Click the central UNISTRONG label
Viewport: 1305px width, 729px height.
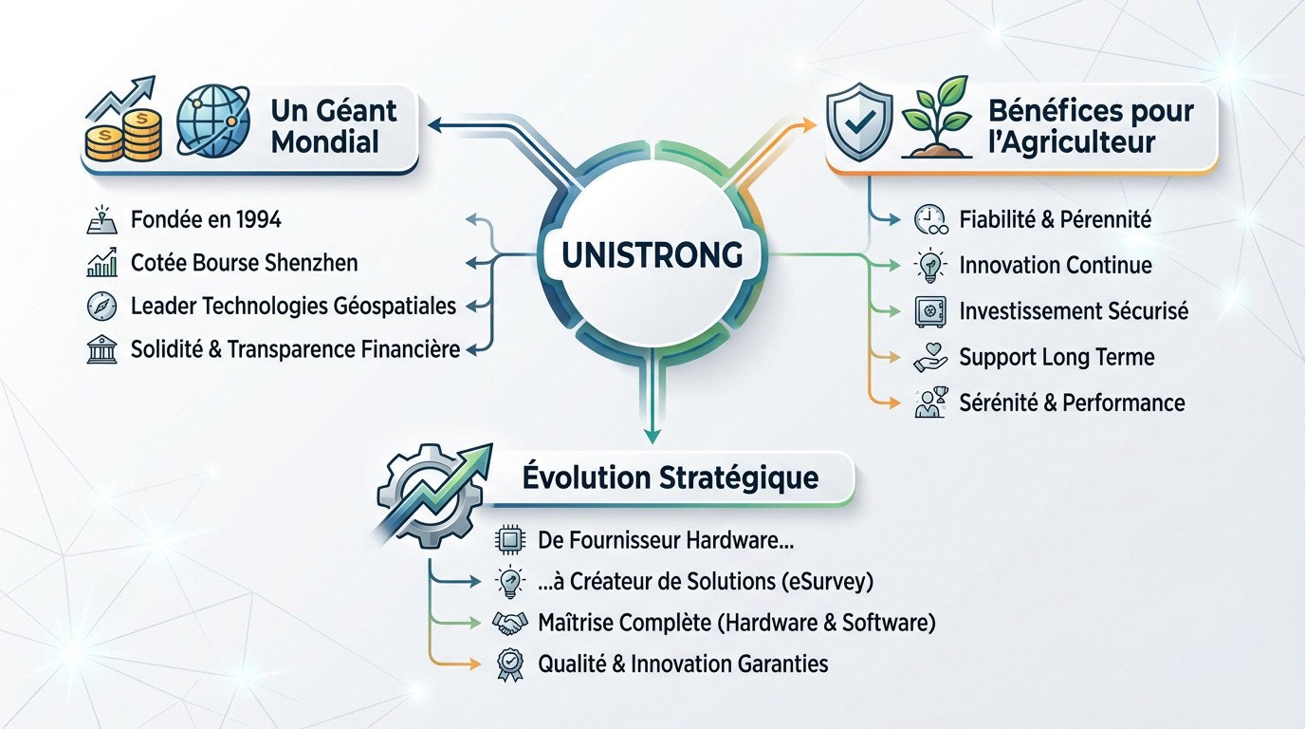[652, 255]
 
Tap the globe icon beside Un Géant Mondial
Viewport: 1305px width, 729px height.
[212, 123]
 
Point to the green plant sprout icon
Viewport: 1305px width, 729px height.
[937, 123]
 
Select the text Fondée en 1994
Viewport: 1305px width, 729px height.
[205, 220]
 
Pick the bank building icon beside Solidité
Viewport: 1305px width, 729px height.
[101, 350]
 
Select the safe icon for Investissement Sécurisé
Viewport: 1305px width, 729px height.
[928, 311]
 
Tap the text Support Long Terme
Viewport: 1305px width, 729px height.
[1057, 357]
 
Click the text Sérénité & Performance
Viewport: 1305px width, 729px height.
[1072, 402]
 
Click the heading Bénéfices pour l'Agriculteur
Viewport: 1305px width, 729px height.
[1091, 125]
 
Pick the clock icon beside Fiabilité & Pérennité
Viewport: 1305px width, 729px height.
[928, 220]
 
